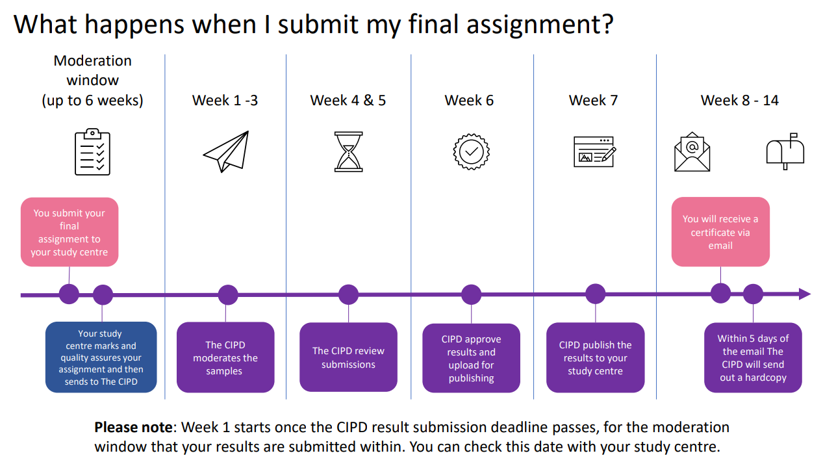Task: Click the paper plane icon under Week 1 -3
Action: pos(226,151)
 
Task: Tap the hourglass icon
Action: pos(348,151)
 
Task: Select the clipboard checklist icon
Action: pos(92,152)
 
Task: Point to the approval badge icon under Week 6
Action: pos(471,152)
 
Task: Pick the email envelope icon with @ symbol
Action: pos(692,152)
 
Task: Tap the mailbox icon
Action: pos(785,151)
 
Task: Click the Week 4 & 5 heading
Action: pos(348,100)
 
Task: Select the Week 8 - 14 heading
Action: pos(739,100)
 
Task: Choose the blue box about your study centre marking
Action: pos(101,357)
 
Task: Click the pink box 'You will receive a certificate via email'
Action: pos(720,232)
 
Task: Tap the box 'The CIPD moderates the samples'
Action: pos(225,357)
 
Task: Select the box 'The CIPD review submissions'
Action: pos(348,357)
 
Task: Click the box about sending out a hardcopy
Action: pos(753,357)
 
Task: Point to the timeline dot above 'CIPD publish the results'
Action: pos(595,294)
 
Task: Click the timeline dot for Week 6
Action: pos(471,294)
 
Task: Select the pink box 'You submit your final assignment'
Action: pos(70,232)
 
